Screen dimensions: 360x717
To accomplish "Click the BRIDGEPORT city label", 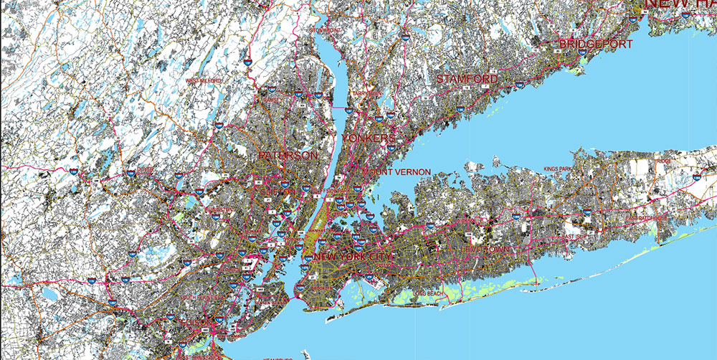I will click(596, 44).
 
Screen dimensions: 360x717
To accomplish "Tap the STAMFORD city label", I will click(467, 78).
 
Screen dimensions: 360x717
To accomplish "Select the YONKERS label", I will click(369, 137).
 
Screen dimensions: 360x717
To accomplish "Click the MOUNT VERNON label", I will click(397, 172).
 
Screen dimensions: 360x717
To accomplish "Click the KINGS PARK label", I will click(559, 169).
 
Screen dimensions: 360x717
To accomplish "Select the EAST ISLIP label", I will click(575, 237).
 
